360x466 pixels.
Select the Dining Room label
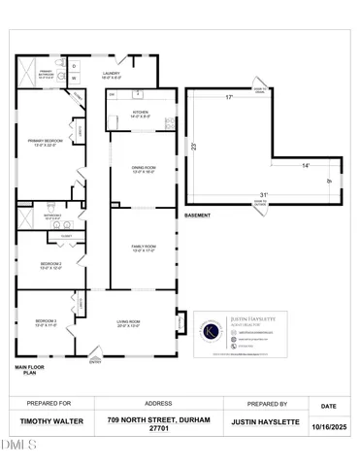144,172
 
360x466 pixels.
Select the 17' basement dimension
229,98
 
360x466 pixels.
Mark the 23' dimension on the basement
194,148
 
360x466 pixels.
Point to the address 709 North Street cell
158,423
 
